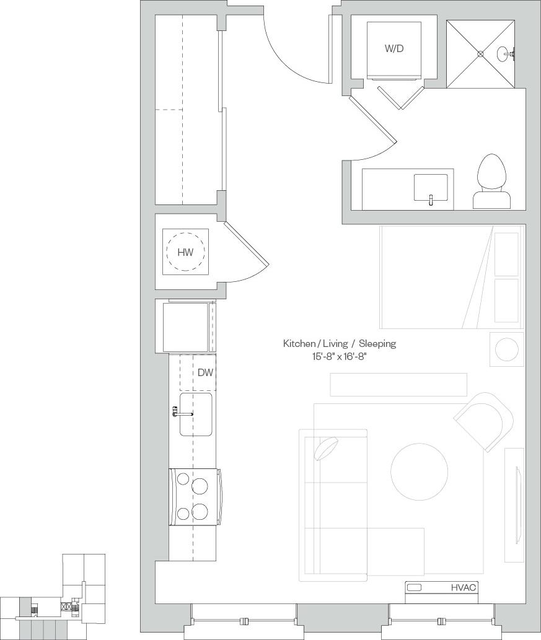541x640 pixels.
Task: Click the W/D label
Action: pos(394,48)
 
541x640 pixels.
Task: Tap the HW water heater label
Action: pos(185,252)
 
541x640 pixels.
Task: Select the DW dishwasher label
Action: pos(205,373)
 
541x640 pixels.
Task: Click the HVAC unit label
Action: pos(464,587)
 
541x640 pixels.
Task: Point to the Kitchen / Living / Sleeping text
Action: pos(339,343)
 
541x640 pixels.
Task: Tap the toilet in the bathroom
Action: pos(493,181)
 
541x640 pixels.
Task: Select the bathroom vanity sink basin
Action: pos(430,187)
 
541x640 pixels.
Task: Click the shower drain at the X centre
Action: pos(480,54)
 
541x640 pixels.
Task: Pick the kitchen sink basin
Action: pos(196,413)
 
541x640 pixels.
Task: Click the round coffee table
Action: pos(419,471)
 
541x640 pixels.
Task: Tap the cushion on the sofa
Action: pos(326,449)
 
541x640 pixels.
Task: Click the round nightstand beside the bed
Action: pos(507,349)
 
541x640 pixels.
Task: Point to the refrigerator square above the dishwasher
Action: pos(185,327)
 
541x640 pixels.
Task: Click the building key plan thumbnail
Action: pos(53,598)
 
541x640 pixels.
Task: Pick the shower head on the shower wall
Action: pos(508,55)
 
